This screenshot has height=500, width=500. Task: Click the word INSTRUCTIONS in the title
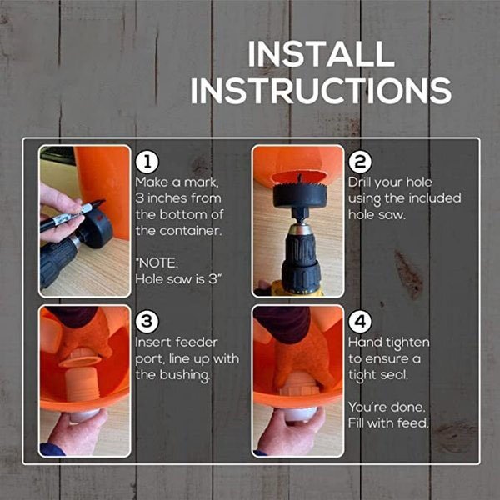[x=321, y=90]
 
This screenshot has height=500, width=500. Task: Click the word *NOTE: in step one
[x=156, y=262]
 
